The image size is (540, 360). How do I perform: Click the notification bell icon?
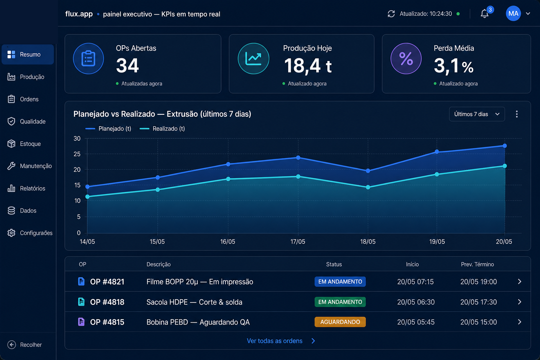click(484, 14)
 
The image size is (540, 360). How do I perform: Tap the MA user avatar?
click(513, 13)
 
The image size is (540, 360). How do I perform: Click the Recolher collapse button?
click(25, 345)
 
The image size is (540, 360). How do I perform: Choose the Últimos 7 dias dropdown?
click(477, 114)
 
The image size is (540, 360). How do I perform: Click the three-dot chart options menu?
click(517, 114)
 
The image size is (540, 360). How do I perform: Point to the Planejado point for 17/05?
click(298, 158)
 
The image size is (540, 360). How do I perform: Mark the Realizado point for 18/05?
click(368, 187)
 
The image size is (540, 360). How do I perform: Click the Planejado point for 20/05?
click(505, 146)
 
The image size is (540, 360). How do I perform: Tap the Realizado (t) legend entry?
click(162, 129)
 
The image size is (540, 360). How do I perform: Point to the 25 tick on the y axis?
click(77, 154)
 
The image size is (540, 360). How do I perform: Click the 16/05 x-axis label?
click(228, 242)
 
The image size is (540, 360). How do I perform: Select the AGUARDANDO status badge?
click(340, 322)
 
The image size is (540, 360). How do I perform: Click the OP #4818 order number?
click(107, 302)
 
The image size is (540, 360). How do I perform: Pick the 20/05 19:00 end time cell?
click(478, 282)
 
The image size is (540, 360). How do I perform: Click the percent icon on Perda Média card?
click(406, 58)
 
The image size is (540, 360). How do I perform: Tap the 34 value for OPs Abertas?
click(127, 66)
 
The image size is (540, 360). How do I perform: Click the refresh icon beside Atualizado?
click(391, 14)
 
